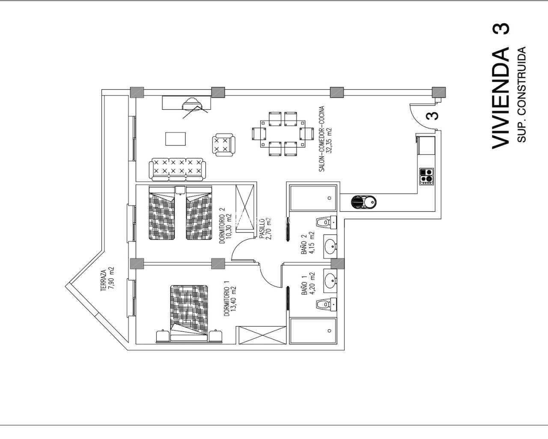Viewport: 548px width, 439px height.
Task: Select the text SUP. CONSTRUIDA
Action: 522,94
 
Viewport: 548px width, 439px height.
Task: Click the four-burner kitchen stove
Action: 426,177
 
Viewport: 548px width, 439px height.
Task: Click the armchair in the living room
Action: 223,144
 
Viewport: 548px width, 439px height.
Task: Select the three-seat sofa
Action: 177,169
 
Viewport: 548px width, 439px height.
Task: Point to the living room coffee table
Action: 176,139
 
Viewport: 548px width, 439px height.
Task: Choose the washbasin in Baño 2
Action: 330,247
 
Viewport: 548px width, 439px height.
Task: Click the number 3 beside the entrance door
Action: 432,116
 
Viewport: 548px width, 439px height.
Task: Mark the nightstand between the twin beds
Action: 180,190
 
